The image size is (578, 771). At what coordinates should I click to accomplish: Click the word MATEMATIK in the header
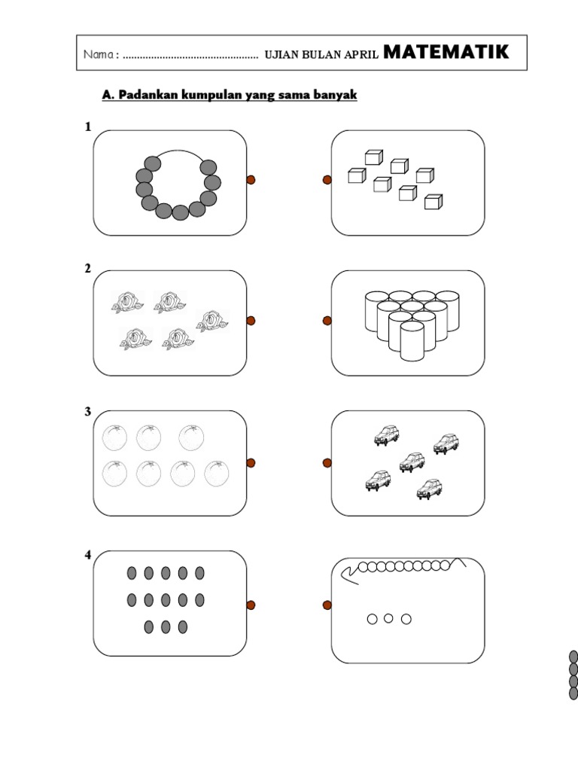tap(446, 52)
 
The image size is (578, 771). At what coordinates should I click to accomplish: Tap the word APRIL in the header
tap(361, 54)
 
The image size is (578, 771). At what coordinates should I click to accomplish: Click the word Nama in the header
tap(99, 54)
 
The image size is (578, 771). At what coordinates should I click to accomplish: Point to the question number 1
tap(88, 126)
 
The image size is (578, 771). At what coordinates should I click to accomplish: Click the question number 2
tap(87, 269)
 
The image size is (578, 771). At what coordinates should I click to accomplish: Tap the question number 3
tap(87, 412)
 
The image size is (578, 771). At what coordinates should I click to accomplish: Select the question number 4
tap(88, 555)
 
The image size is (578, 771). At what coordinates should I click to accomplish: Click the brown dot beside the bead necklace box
tap(251, 180)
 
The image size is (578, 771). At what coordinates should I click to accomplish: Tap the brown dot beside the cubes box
tap(327, 180)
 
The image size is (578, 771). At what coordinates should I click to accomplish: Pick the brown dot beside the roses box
tap(251, 321)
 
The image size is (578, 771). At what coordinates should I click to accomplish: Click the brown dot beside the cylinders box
tap(327, 321)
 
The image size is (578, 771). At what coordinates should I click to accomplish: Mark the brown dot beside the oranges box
tap(251, 463)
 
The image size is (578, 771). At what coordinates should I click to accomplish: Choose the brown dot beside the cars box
tap(327, 463)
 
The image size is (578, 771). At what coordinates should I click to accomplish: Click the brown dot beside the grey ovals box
tap(251, 605)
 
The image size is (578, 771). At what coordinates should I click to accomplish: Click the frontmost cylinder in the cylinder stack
tap(412, 340)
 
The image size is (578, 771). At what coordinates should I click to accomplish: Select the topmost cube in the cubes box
tap(373, 157)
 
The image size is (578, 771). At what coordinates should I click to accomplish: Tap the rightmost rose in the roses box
tap(212, 321)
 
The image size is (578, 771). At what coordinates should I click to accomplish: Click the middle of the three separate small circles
tap(388, 618)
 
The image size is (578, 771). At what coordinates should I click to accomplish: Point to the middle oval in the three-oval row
tap(166, 627)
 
